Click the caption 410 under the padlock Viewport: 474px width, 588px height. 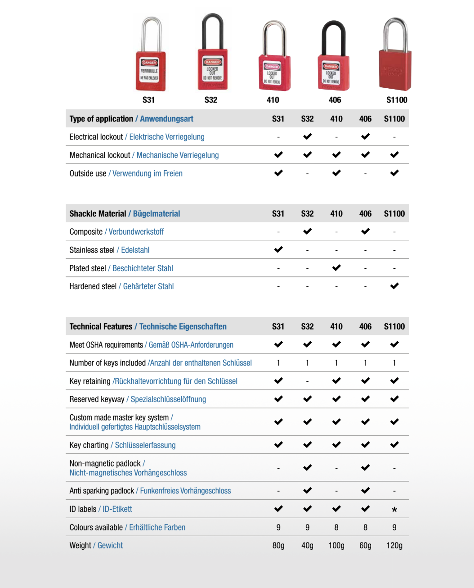pos(273,100)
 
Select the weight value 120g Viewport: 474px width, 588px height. pos(394,546)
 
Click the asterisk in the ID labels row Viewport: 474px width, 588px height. pos(394,510)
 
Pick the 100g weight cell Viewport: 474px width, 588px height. pos(336,546)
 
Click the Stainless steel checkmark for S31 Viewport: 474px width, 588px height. pos(278,249)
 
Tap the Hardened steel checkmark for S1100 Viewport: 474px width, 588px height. pos(394,286)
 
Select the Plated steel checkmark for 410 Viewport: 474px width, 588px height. pos(336,268)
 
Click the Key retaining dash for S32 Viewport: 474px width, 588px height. pos(307,381)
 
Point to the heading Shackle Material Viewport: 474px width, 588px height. pos(98,214)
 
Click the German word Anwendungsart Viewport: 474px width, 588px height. pos(166,119)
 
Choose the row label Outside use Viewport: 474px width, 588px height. pos(88,174)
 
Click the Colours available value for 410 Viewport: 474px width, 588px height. pos(336,528)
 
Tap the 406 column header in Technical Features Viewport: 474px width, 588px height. pos(365,327)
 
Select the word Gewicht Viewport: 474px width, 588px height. pos(110,546)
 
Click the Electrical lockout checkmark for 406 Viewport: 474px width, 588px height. pos(365,136)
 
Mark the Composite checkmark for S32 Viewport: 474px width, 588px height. pos(307,231)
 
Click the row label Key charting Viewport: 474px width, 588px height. pos(89,445)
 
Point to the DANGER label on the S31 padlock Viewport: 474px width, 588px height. pos(149,63)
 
